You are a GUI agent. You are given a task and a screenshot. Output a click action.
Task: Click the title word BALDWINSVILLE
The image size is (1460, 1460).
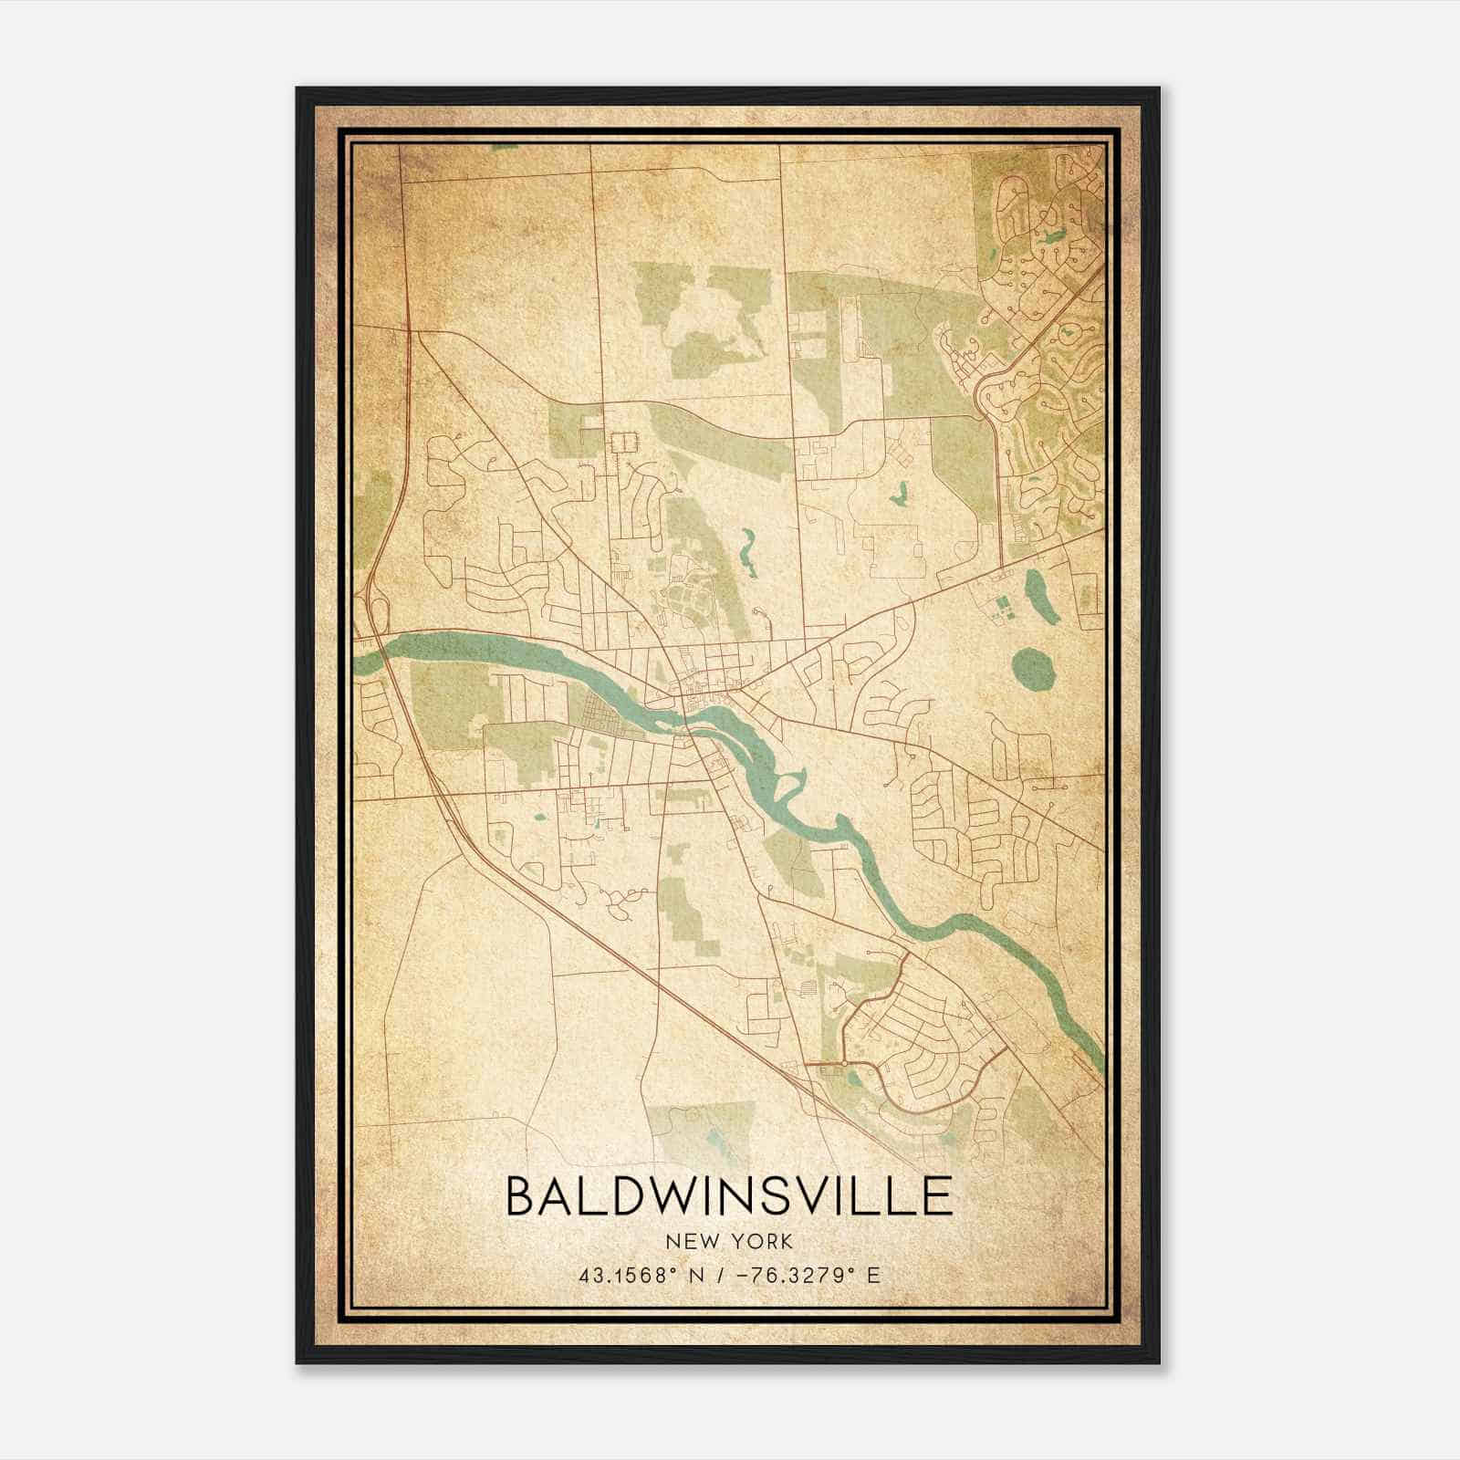[729, 1196]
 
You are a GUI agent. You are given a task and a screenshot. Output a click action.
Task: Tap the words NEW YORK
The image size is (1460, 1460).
[729, 1242]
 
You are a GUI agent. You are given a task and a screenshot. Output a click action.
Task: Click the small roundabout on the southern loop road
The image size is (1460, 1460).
[847, 1064]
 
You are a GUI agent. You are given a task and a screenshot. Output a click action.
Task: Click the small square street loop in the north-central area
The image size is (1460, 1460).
[623, 443]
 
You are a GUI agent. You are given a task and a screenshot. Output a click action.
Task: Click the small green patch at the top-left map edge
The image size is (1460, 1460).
[505, 146]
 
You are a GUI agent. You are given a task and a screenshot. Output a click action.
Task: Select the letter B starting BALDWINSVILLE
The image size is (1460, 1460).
[520, 1196]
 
